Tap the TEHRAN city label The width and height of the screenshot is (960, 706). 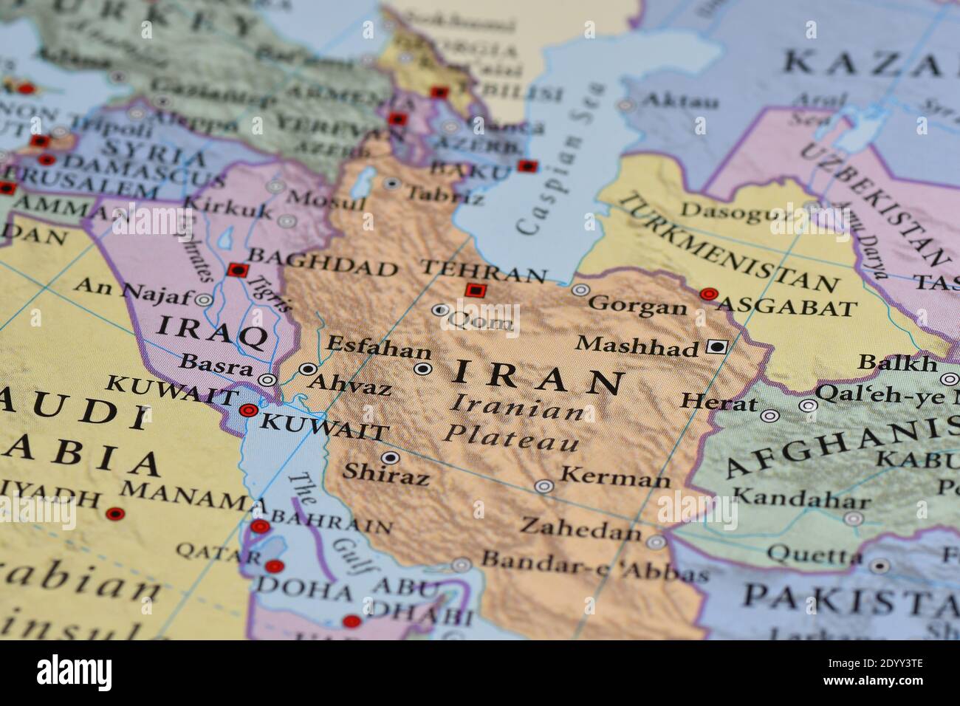[483, 272]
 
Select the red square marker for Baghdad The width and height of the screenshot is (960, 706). [236, 270]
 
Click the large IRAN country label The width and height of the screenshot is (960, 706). [538, 378]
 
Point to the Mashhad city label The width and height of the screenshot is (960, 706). [637, 346]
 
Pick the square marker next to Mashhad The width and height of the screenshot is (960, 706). [716, 346]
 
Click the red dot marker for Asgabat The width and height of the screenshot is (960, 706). [709, 294]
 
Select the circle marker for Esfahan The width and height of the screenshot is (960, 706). [422, 369]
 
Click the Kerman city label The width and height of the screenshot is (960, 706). [614, 479]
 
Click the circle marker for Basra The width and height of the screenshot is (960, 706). [267, 380]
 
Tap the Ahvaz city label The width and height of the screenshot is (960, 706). [349, 384]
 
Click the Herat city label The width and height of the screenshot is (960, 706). [719, 403]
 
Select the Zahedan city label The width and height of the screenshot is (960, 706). [580, 527]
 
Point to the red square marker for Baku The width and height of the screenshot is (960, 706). [527, 166]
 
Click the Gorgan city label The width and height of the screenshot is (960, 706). [638, 304]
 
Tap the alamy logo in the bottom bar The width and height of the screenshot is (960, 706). [75, 673]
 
